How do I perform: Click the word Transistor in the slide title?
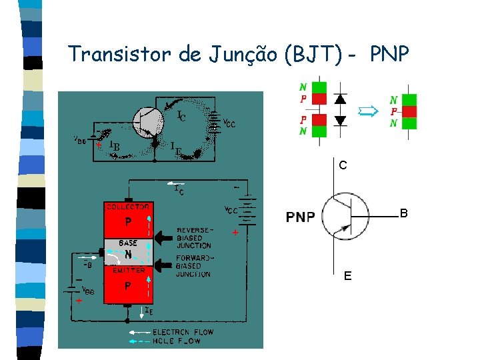coord(121,54)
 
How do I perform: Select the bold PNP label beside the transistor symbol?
coord(301,217)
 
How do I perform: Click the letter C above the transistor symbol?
coord(342,165)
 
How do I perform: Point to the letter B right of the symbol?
coord(403,214)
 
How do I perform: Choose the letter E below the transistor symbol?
coord(347,275)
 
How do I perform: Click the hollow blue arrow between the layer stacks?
coord(368,111)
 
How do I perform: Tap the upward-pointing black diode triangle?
coord(340,99)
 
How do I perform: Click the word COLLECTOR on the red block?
coord(128,207)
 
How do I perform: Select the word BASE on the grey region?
coord(128,243)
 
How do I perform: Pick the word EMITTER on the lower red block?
coord(128,270)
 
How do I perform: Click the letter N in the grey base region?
coord(128,255)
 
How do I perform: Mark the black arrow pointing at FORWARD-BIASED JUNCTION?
coord(164,265)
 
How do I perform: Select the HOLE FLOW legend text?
coord(177,341)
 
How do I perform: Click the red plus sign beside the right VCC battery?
coord(235,234)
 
